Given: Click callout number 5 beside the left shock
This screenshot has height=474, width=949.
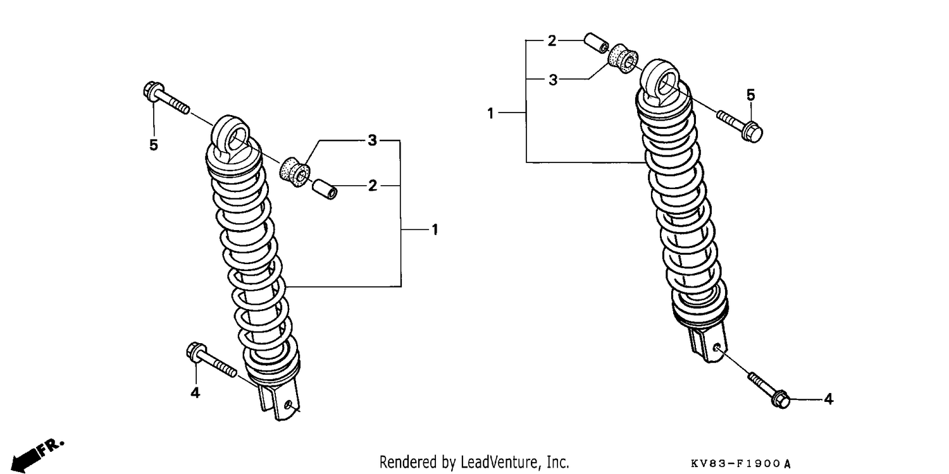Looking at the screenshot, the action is coord(153,145).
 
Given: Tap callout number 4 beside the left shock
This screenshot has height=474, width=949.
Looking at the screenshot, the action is coord(195,392).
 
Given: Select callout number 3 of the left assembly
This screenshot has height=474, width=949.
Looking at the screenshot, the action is coord(372,140).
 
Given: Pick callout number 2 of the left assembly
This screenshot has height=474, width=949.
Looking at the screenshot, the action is coord(373,185).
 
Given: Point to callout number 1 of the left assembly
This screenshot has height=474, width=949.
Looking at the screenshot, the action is coord(435,229).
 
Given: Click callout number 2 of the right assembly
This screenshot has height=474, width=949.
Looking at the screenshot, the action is coord(552,40).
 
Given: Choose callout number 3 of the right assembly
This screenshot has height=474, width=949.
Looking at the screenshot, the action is coord(553,80).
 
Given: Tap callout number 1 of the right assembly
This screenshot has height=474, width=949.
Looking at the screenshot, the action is coord(490,113).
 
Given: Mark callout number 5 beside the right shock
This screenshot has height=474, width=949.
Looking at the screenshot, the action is coord(750,95).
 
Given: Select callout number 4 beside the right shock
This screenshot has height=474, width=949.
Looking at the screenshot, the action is coord(829,399).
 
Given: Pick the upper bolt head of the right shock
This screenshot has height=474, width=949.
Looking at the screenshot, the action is coord(752,132).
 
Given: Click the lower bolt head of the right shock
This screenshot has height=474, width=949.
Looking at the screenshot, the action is coord(780,399).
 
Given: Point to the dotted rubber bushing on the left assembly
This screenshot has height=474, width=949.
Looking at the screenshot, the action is coord(295,172).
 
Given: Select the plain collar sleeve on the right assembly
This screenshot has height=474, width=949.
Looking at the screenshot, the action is coord(597,43).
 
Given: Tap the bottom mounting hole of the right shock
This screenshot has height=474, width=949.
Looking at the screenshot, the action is coord(716,348).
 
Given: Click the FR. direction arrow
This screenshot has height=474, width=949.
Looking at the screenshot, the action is coord(37,456).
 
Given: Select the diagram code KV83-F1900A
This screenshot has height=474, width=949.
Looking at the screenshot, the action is coord(741,464).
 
